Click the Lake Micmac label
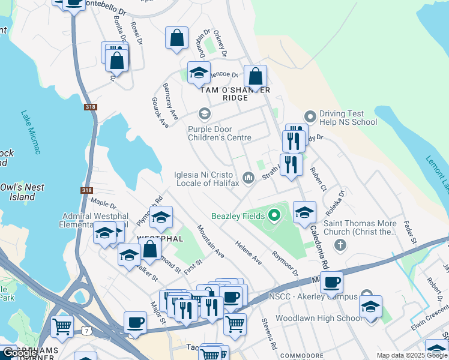pos(29,132)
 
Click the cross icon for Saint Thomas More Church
pos(340,244)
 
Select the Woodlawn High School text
pos(319,318)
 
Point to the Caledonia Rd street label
pos(325,247)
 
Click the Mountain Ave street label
pos(211,241)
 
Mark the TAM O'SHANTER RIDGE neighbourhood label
pos(235,94)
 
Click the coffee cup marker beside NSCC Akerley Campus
pos(331,283)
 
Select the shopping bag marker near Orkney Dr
pos(176,38)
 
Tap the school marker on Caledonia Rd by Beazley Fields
pos(304,212)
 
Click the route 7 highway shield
pos(88,331)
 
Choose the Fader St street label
pos(411,232)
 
